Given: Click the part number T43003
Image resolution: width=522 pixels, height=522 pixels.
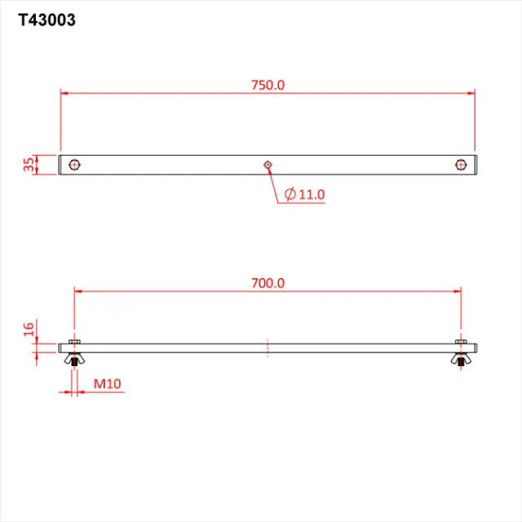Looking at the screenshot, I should coord(47,20).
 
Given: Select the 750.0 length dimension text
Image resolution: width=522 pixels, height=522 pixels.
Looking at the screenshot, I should coord(268,85).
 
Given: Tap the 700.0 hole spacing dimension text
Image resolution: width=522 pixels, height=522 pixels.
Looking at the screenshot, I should coord(268,283).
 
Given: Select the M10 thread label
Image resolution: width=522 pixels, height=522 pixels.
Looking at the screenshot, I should coord(107,383).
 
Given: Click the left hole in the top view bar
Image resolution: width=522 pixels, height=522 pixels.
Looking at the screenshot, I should coord(75,165).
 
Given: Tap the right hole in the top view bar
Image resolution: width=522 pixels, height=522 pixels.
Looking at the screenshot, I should coord(461,165).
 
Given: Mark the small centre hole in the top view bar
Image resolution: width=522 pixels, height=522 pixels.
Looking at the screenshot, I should coord(268,165).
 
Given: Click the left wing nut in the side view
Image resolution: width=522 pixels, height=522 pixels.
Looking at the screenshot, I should coord(75,359).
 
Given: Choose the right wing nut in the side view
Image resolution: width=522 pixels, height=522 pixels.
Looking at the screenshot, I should coord(462,359).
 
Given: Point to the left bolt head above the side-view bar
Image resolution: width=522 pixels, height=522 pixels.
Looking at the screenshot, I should coord(75,341).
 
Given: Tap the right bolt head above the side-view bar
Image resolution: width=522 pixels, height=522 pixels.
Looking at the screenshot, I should coord(462,341).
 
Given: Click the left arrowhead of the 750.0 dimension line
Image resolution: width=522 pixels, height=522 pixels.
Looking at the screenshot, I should coord(64,93).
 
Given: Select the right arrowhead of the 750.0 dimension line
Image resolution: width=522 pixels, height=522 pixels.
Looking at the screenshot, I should coord(471,93).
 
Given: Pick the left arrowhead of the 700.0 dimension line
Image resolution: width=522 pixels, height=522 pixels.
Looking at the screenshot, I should coord(78,290).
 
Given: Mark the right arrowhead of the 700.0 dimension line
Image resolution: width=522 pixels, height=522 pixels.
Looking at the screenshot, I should coord(458,290).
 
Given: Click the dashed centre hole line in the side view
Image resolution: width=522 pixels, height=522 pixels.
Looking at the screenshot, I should coord(268,347).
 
